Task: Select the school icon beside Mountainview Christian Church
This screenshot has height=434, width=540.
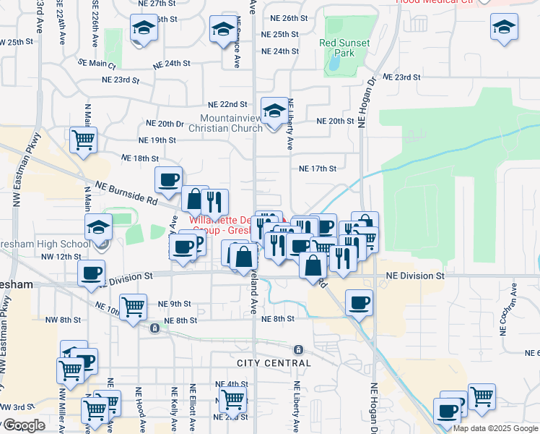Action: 274,112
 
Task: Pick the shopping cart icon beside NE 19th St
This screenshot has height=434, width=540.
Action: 84,139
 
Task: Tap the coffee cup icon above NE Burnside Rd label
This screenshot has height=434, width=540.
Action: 168,180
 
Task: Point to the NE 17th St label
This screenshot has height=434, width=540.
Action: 318,169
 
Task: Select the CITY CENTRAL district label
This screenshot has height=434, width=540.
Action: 274,362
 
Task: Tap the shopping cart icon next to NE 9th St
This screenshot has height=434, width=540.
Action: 134,307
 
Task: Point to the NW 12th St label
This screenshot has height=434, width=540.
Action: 58,256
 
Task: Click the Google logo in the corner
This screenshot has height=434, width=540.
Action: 23,425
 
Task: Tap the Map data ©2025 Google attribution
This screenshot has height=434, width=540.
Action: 495,428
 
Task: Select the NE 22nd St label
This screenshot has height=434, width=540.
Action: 227,105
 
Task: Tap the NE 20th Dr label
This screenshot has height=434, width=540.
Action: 165,124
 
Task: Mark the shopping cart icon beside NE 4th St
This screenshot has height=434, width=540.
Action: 232,398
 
